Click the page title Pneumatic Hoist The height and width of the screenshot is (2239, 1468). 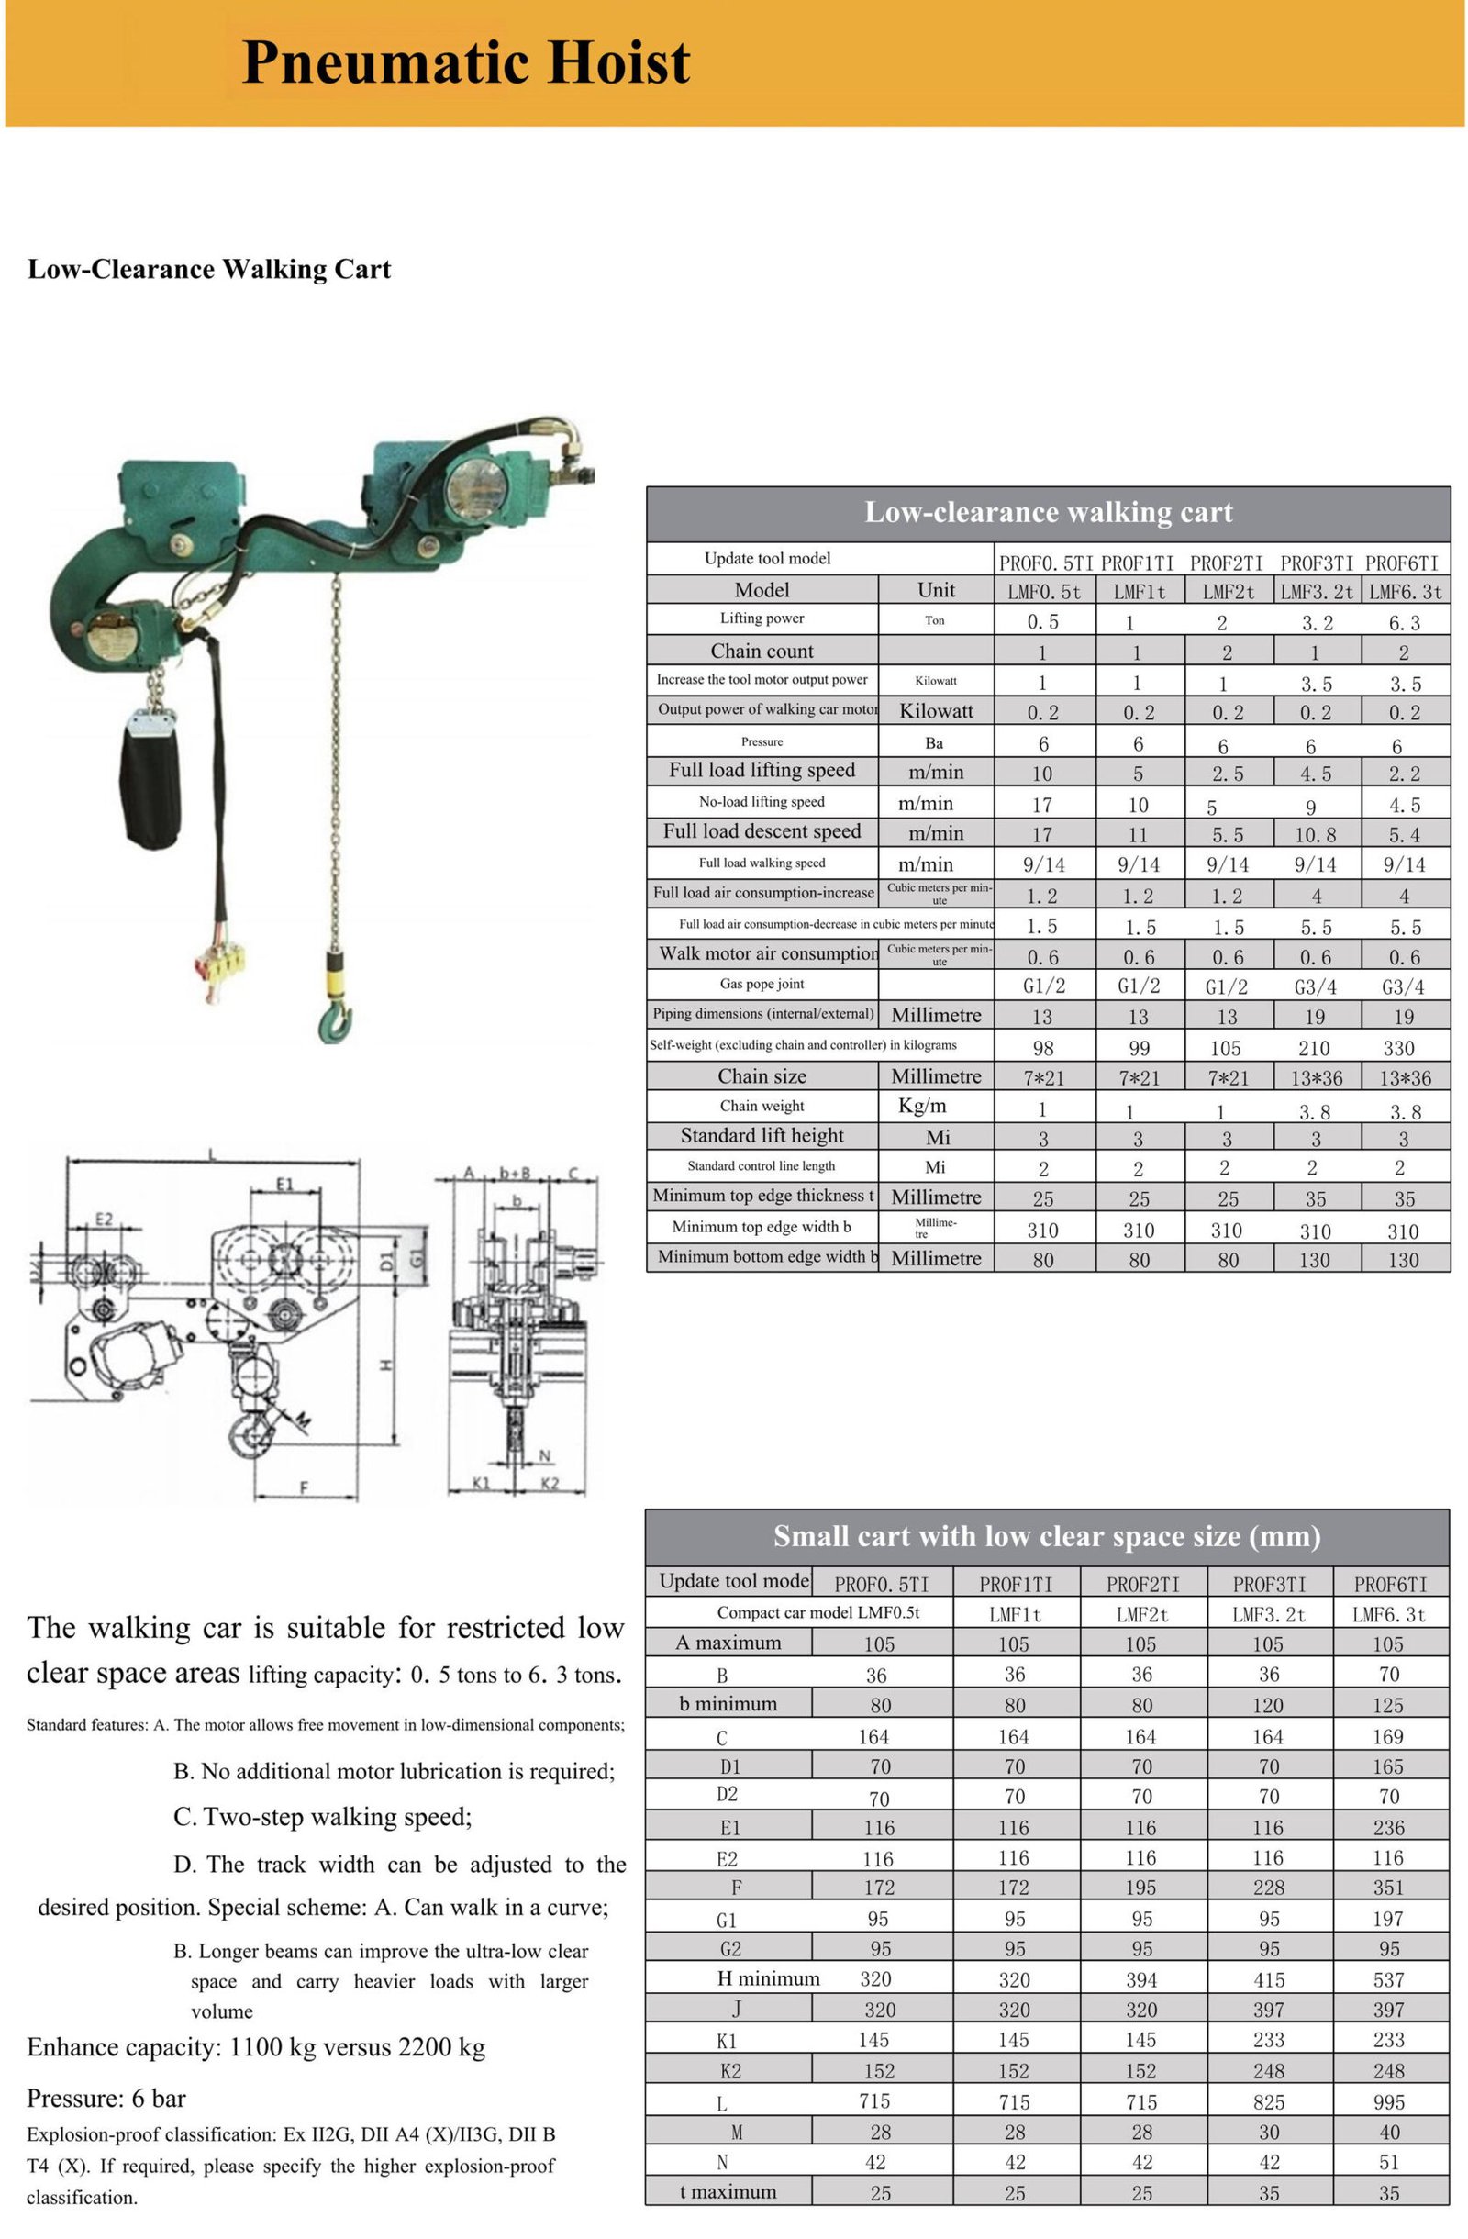pos(465,63)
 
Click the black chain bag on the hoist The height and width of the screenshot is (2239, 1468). pos(150,780)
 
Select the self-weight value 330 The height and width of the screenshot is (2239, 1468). pos(1398,1047)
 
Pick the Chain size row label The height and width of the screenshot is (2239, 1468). pos(762,1075)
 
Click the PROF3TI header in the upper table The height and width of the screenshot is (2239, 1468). pos(1317,563)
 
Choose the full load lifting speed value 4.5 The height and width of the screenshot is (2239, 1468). pos(1315,774)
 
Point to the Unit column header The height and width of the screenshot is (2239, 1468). pos(936,590)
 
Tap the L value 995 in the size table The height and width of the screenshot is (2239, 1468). pos(1388,2101)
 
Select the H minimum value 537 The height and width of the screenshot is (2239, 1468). pos(1388,1979)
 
